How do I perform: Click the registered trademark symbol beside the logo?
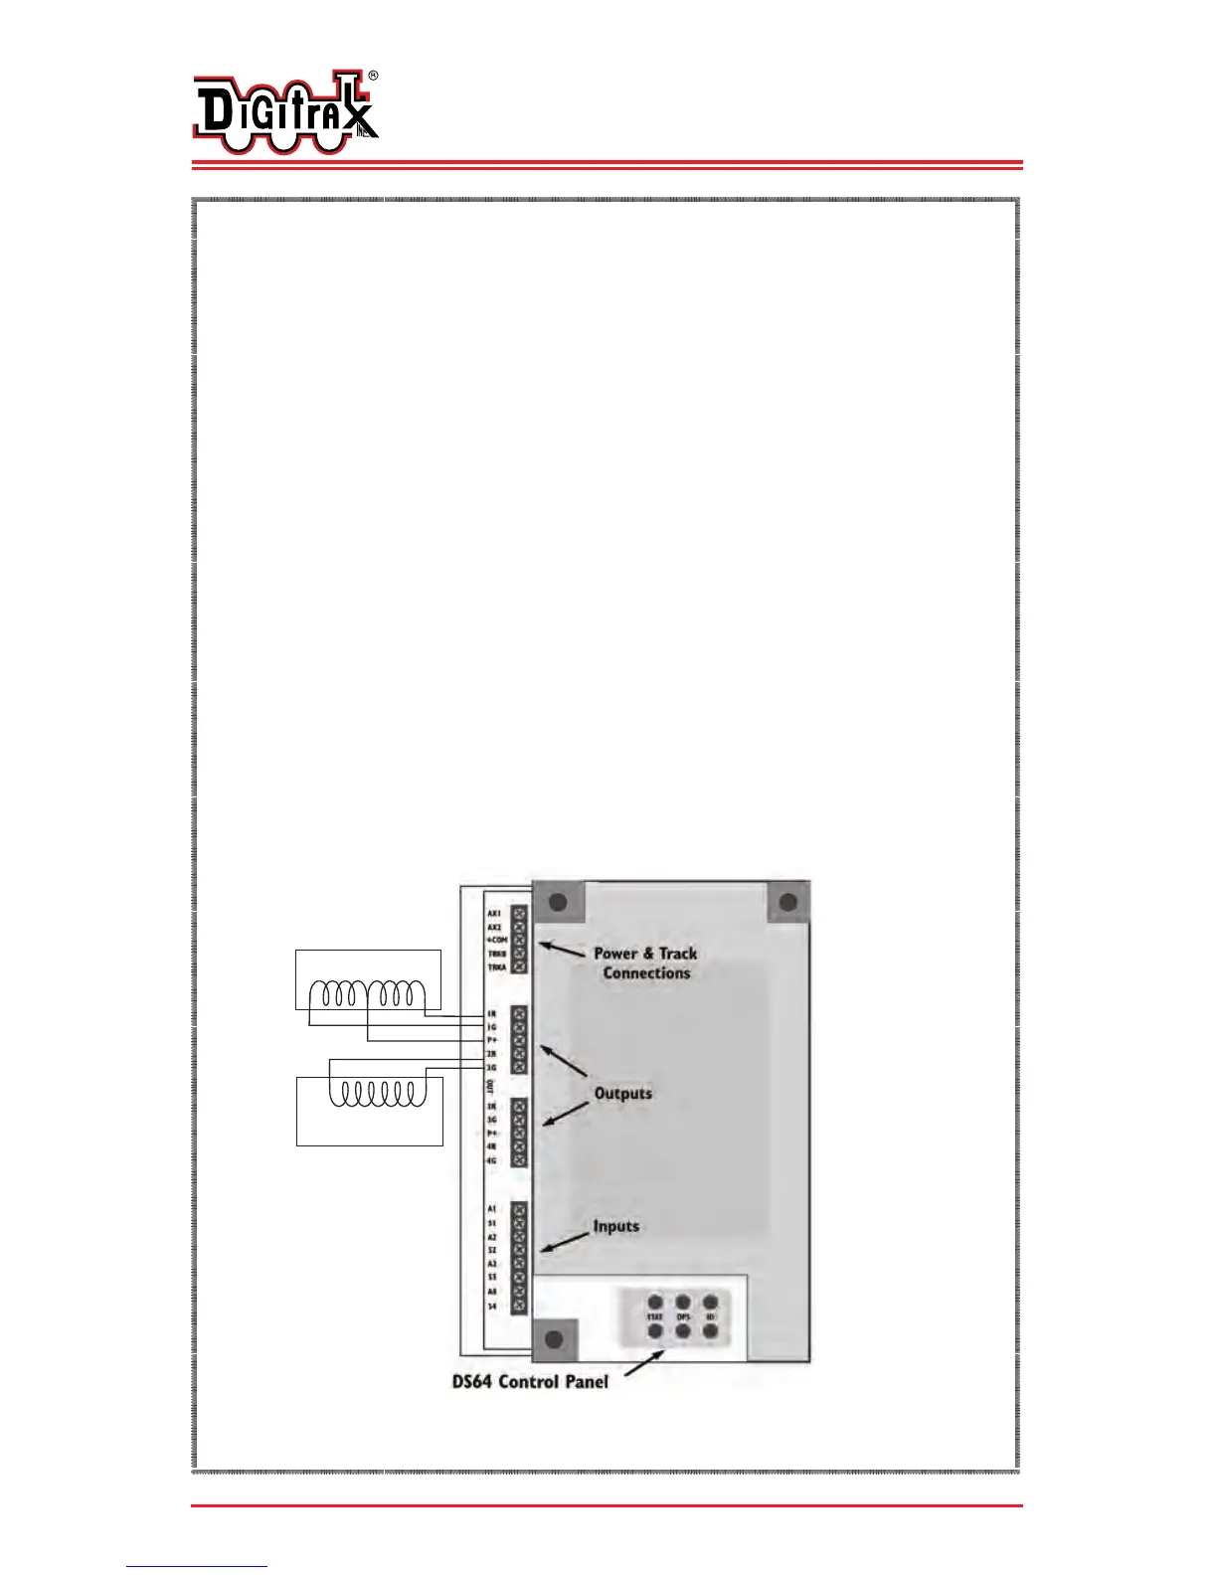click(x=373, y=76)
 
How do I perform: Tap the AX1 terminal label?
click(x=494, y=913)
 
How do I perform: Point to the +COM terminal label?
click(x=496, y=940)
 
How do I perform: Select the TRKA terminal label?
click(x=496, y=966)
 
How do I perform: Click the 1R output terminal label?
click(x=491, y=1013)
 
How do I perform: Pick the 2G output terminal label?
click(x=491, y=1067)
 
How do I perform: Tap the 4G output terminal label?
click(x=491, y=1160)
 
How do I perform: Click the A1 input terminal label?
click(x=491, y=1209)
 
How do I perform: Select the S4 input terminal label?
click(x=491, y=1306)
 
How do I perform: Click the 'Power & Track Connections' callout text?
click(x=645, y=962)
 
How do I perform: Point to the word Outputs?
click(x=623, y=1094)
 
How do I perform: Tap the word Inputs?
click(x=616, y=1226)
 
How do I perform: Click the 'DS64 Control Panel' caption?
click(x=530, y=1381)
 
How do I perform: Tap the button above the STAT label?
click(x=655, y=1302)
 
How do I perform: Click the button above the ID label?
click(x=710, y=1302)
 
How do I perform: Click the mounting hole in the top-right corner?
click(x=787, y=903)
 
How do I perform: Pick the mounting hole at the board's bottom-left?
click(x=555, y=1339)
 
